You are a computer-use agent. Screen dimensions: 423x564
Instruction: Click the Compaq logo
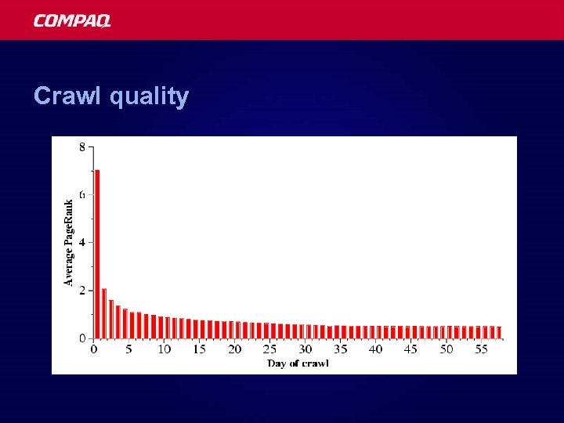coord(72,20)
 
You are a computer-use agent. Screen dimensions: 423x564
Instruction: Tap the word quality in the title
coord(149,97)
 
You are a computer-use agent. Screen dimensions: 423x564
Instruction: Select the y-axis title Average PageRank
coord(69,242)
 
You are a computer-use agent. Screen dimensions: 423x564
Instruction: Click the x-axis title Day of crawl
coord(298,363)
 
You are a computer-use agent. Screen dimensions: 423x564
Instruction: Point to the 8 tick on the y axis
coord(82,146)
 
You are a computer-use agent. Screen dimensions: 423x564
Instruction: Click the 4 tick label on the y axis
coord(82,242)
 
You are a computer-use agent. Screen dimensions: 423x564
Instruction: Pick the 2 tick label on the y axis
coord(82,291)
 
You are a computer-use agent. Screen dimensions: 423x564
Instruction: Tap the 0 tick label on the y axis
coord(82,338)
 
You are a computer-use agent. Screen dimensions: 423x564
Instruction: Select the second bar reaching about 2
coord(104,313)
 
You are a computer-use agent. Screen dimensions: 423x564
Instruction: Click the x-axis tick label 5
coord(129,349)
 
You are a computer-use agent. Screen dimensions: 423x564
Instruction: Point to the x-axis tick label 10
coord(164,349)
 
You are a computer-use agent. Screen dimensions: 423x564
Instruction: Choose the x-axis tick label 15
coord(200,349)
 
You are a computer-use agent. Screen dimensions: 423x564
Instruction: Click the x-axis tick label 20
coord(235,349)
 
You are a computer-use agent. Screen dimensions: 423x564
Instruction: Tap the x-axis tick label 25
coord(270,349)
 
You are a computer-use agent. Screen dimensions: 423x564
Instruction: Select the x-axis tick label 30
coord(305,349)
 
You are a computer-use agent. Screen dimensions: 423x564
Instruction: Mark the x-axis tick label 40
coord(376,349)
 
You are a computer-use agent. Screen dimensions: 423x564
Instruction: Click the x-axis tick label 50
coord(446,349)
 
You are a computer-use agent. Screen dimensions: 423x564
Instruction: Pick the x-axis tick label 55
coord(482,349)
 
